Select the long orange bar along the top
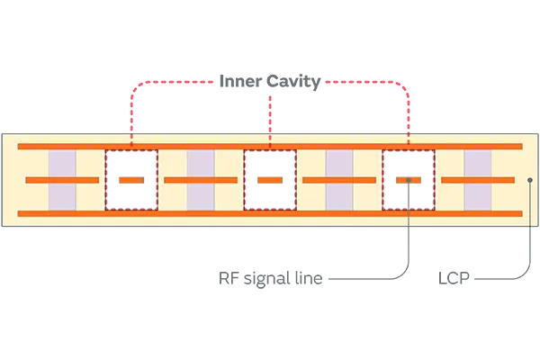tap(270, 145)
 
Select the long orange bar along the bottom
tap(270, 213)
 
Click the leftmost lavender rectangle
tap(62, 179)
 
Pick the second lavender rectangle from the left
tap(201, 179)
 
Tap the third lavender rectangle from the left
tap(339, 179)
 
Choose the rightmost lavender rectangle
tap(478, 179)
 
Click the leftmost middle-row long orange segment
tap(62, 180)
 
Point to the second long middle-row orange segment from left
tap(201, 180)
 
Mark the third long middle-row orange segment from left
tap(339, 180)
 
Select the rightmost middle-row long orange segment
tap(478, 180)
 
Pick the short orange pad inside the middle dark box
tap(270, 180)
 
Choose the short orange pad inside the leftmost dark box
tap(131, 180)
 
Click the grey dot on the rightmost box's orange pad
tap(409, 180)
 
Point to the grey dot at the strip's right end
tap(530, 180)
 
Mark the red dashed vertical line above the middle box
tap(270, 121)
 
